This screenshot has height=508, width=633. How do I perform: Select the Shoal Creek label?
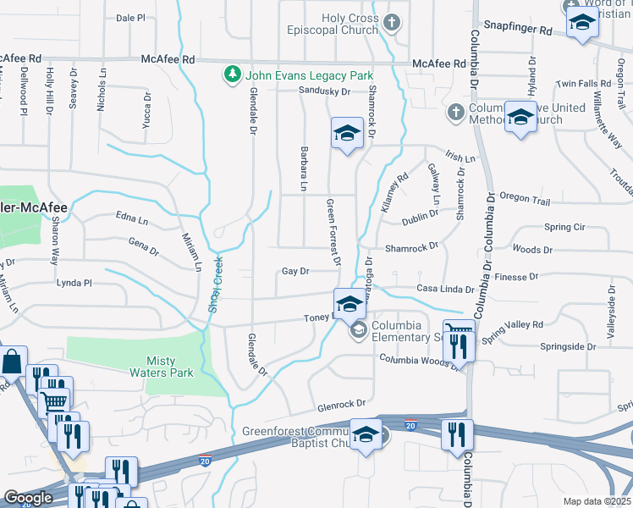(x=216, y=284)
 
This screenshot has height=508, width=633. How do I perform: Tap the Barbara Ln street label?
(x=301, y=167)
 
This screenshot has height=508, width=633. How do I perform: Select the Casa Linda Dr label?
(x=445, y=289)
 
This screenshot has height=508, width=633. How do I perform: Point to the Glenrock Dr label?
(x=342, y=404)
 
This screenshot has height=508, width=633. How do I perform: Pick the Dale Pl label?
(x=130, y=17)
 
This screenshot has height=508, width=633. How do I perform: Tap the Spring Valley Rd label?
(x=512, y=325)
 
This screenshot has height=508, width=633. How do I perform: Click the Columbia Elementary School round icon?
(x=358, y=329)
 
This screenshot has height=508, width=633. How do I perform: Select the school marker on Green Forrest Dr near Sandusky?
(x=347, y=133)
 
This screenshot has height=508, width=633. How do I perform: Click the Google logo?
(x=28, y=498)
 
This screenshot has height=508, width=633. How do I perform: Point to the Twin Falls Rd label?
(x=583, y=84)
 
